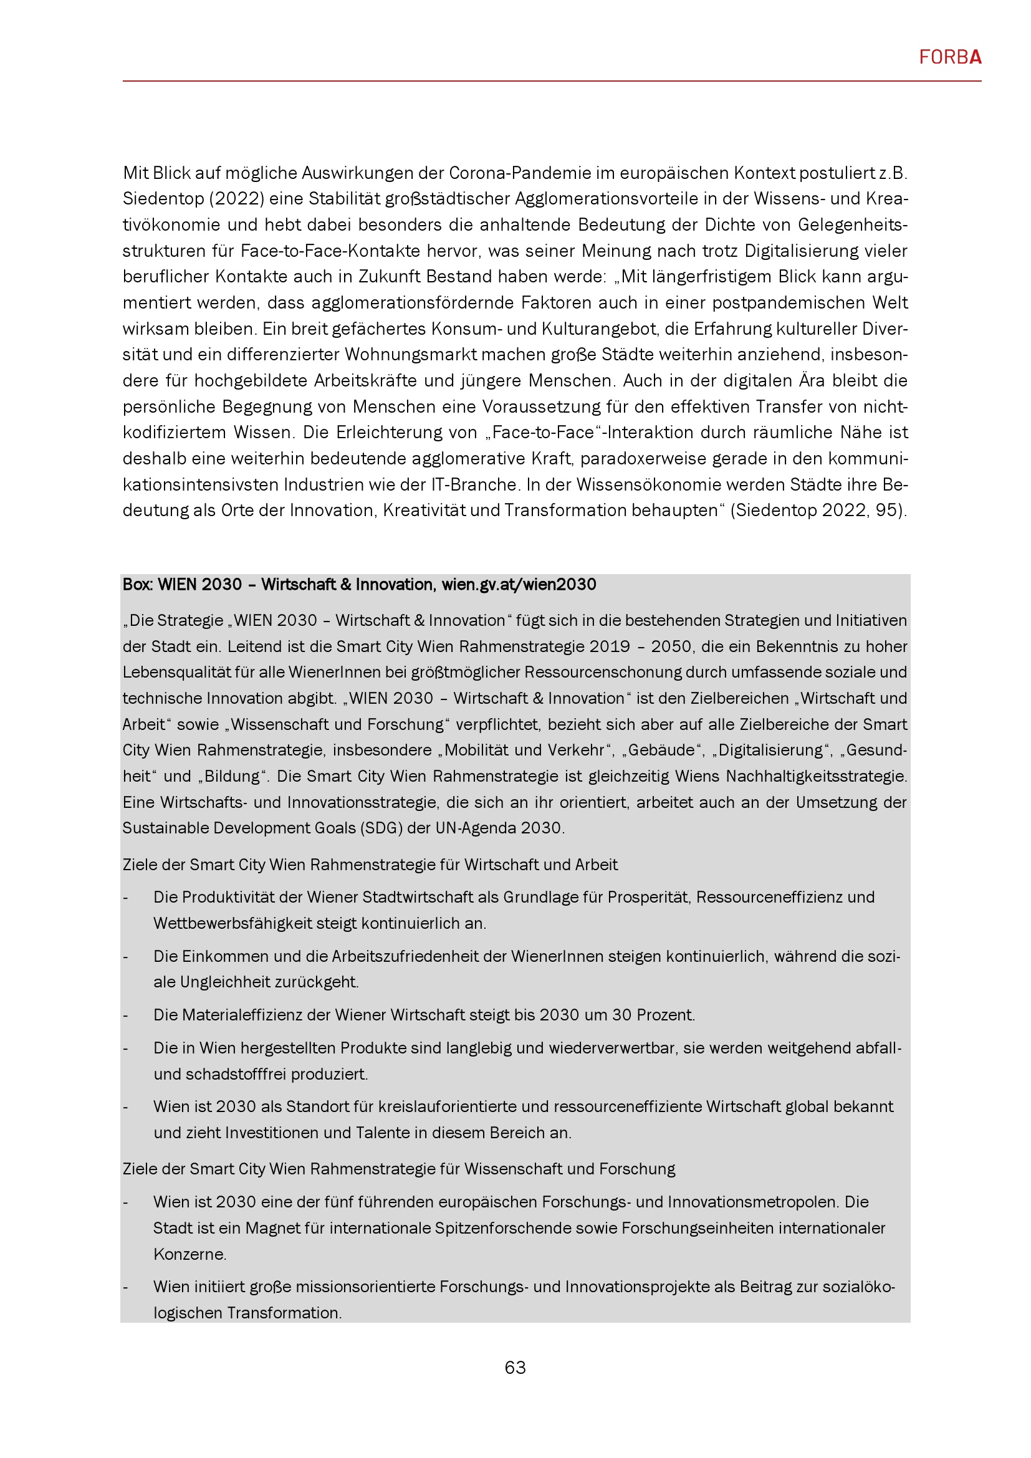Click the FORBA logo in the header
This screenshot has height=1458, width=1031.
[x=950, y=58]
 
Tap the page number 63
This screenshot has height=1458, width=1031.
[x=515, y=1367]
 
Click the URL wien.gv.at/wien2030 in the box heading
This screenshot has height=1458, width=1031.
[x=519, y=584]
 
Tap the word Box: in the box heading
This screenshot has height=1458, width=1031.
[x=138, y=584]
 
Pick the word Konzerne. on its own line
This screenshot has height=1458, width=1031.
[x=190, y=1254]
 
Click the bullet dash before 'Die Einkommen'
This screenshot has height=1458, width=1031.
[x=126, y=956]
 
